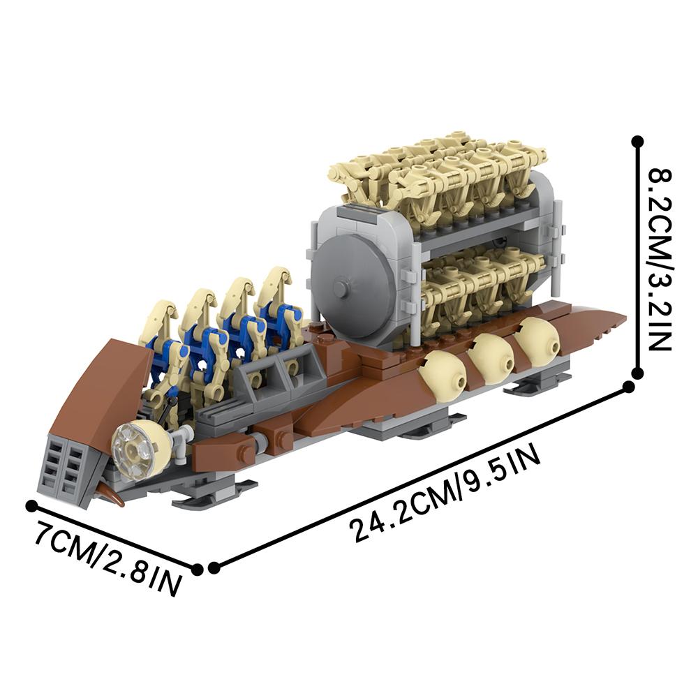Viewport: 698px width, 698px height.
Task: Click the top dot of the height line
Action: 637,142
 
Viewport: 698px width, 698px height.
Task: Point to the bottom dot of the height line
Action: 637,372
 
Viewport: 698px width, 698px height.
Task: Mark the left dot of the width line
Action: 31,505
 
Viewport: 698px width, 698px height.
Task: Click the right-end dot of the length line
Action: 629,387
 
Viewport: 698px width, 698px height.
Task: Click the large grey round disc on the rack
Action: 347,288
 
